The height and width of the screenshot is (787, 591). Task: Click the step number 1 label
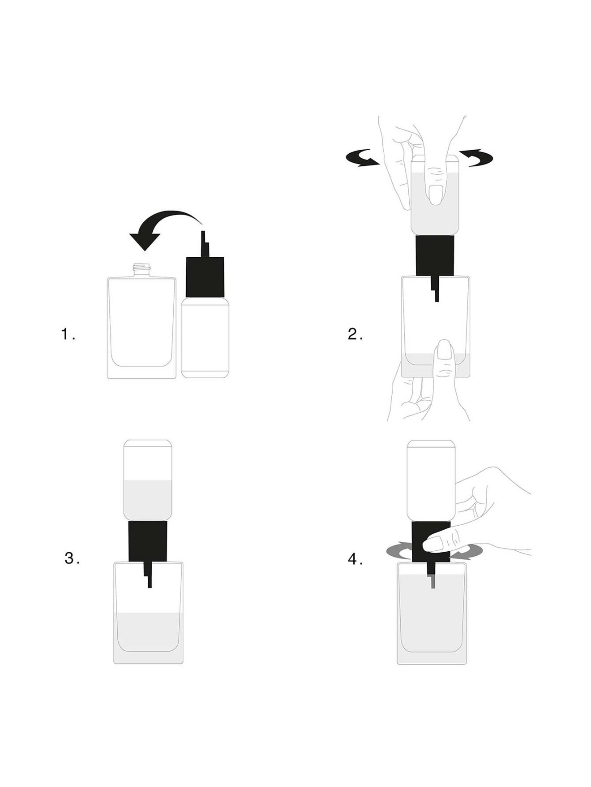coord(68,334)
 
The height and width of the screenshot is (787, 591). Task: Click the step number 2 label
coord(355,334)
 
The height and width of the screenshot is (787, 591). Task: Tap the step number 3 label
coord(72,558)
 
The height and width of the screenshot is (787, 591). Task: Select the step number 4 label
coord(355,559)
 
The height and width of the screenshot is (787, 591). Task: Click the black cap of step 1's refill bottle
coord(205,276)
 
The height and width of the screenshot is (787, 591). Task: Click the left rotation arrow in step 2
coord(363,158)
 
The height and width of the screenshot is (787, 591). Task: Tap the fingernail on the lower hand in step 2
coord(444,350)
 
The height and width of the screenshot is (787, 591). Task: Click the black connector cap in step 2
coord(435,255)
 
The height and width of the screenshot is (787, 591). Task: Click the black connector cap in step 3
coord(148,541)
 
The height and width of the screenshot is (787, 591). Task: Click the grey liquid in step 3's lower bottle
coord(148,631)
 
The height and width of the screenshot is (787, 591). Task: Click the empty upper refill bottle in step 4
coord(431,480)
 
